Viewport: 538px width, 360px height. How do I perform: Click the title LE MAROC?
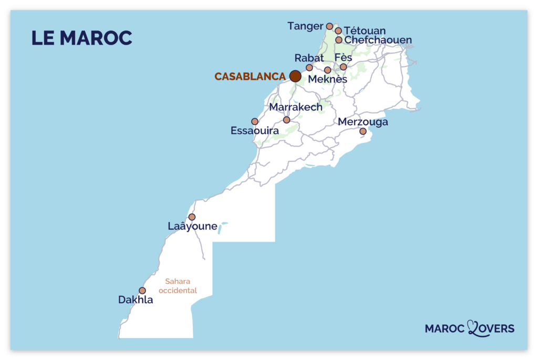tap(81, 38)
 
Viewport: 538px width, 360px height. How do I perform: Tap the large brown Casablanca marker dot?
tap(295, 76)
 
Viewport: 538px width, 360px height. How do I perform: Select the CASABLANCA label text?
tap(250, 77)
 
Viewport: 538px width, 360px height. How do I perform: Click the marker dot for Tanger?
tap(329, 26)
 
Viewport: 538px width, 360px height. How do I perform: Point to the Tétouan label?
tap(364, 31)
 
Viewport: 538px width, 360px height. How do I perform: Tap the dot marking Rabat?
tap(309, 67)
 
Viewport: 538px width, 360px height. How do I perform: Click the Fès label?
tap(343, 57)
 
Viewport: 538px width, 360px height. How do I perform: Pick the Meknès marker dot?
tap(327, 70)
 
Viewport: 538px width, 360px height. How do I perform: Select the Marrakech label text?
tap(296, 107)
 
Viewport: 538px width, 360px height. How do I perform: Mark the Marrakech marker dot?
tap(286, 120)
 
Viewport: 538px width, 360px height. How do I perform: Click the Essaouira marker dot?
tap(255, 121)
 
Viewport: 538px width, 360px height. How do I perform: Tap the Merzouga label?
tap(363, 122)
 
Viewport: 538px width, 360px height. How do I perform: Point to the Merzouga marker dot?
tap(363, 131)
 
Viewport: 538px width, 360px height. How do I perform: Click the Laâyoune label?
tap(192, 227)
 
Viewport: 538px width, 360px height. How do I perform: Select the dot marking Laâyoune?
tap(192, 217)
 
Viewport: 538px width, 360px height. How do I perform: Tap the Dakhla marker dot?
tap(142, 290)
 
